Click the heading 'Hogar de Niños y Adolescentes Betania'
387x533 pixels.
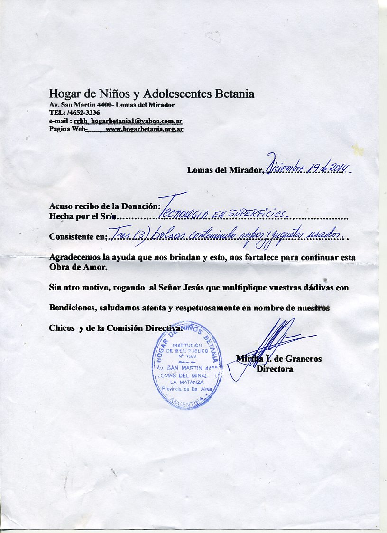(152, 94)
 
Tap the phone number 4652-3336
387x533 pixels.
(84, 112)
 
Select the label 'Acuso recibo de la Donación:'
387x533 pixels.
(104, 206)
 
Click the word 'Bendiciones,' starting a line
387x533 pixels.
(73, 308)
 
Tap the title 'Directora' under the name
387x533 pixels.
(275, 369)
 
